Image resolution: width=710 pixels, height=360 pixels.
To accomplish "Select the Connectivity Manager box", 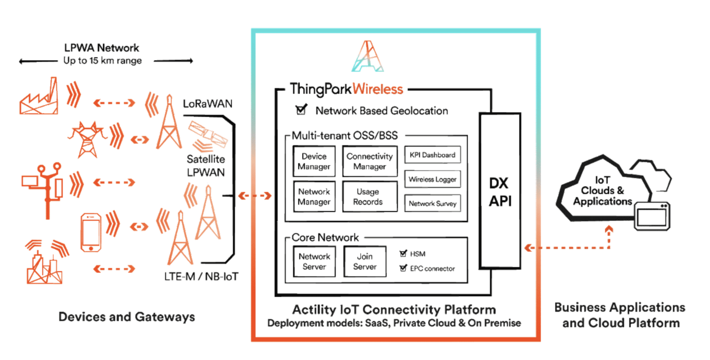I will coord(369,161).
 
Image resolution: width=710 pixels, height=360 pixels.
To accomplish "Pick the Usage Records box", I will coord(369,196).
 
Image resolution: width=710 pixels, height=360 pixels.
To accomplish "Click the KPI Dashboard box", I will coord(433,155).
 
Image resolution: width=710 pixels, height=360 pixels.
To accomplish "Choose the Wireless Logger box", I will coord(433,179).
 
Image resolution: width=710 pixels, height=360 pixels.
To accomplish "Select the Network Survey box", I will coord(433,203).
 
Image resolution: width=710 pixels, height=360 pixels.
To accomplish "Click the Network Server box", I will coord(314,262).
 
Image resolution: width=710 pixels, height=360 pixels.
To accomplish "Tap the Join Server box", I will coord(365,262).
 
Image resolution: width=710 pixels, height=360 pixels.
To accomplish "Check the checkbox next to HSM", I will coord(402,254).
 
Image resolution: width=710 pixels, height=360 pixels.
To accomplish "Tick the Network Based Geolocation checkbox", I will coord(301,110).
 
